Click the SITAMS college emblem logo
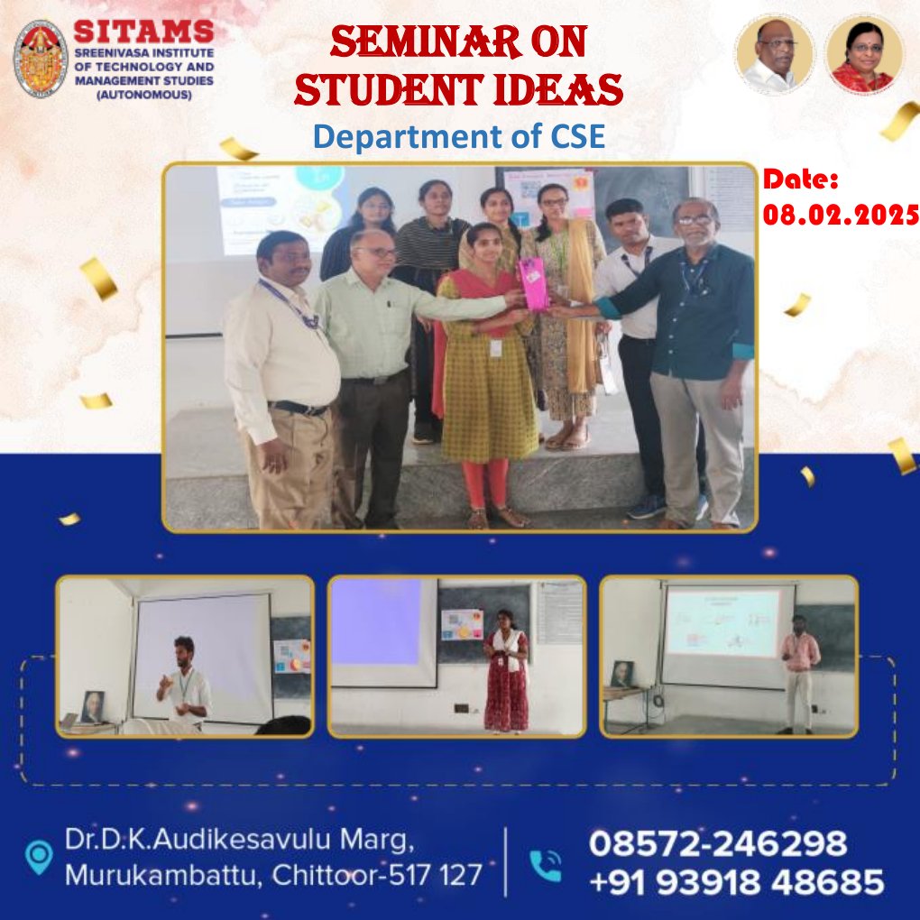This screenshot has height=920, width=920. click(41, 59)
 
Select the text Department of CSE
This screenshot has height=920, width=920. click(458, 136)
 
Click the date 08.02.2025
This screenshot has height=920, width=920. click(841, 216)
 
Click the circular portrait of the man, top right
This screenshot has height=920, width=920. click(776, 54)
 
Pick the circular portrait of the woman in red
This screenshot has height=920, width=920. click(864, 54)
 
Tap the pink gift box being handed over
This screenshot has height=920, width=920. click(535, 284)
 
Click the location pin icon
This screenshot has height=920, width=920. click(39, 857)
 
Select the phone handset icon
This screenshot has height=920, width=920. click(546, 864)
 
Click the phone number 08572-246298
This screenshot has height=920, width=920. click(718, 844)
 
